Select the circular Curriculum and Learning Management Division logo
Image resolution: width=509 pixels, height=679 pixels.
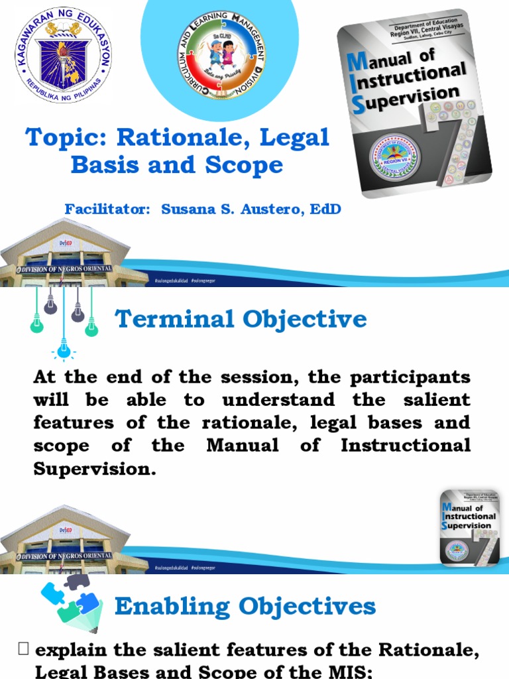[x=222, y=54]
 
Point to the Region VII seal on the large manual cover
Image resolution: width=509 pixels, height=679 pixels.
[x=394, y=157]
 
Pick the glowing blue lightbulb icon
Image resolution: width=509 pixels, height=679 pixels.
[x=64, y=347]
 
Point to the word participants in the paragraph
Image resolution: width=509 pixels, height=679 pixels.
[x=412, y=377]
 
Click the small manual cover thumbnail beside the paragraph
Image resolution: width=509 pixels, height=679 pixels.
[x=469, y=528]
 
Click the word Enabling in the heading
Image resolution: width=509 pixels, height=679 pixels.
[x=174, y=606]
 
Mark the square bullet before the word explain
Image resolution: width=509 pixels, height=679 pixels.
[x=24, y=650]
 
